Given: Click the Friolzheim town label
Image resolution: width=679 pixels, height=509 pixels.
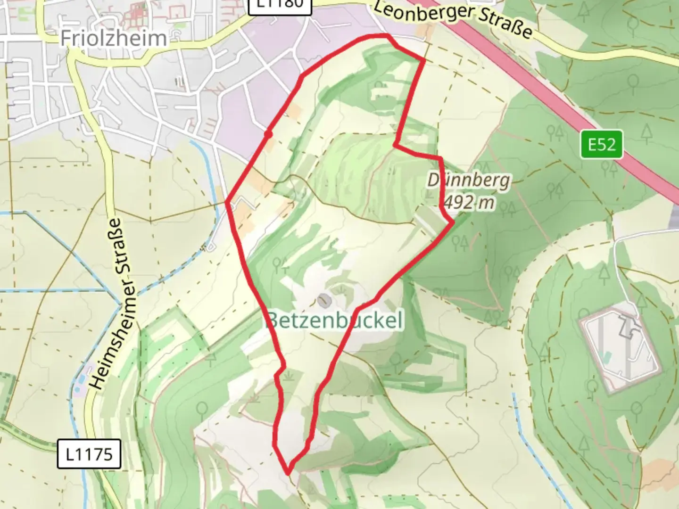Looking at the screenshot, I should [113, 38].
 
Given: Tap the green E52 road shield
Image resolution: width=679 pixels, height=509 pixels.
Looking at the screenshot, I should [602, 144].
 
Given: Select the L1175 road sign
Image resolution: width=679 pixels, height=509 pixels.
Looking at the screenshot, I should [89, 454].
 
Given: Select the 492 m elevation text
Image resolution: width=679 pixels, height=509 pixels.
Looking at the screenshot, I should [469, 203].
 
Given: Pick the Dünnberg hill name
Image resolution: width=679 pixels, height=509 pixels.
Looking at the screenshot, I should [469, 181].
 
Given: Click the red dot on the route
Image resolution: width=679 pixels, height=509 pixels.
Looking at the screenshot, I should [268, 134].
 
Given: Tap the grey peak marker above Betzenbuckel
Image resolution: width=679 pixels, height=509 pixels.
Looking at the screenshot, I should [324, 299].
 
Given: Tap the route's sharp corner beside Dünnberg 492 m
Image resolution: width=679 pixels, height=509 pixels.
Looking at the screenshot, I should [452, 222].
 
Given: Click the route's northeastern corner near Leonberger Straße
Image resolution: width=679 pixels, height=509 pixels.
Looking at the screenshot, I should [424, 60].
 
